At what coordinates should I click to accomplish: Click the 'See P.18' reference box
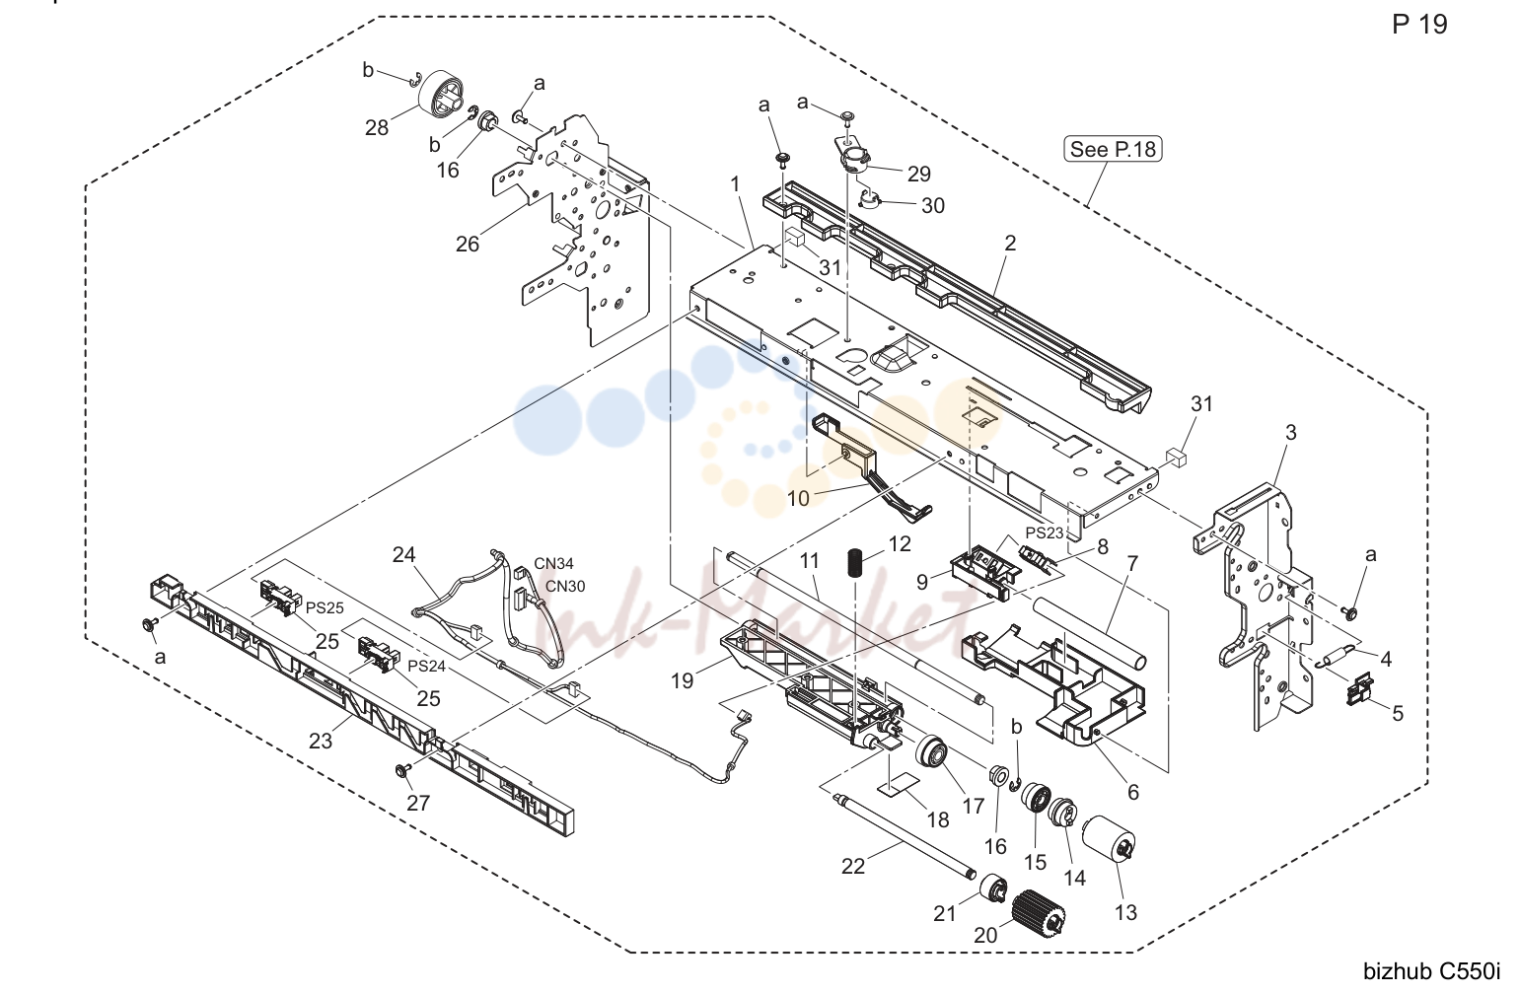click(x=1113, y=149)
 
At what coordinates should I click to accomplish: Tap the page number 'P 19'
click(x=1419, y=25)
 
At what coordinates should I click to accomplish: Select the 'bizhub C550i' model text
click(x=1432, y=971)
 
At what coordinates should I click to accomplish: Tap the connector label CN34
click(x=553, y=563)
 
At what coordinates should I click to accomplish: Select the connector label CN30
click(x=565, y=586)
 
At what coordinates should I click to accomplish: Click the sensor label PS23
click(x=1045, y=533)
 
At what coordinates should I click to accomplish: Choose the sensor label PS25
click(x=326, y=607)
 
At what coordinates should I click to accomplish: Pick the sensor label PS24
click(x=427, y=667)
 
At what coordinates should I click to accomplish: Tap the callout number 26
click(x=468, y=245)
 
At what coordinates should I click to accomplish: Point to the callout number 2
click(x=1010, y=243)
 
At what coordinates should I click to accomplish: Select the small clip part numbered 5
click(x=1359, y=688)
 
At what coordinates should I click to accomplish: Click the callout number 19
click(x=682, y=680)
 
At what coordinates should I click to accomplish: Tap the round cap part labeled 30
click(x=871, y=199)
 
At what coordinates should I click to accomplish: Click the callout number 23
click(x=321, y=741)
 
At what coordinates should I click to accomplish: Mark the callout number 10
click(x=798, y=499)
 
